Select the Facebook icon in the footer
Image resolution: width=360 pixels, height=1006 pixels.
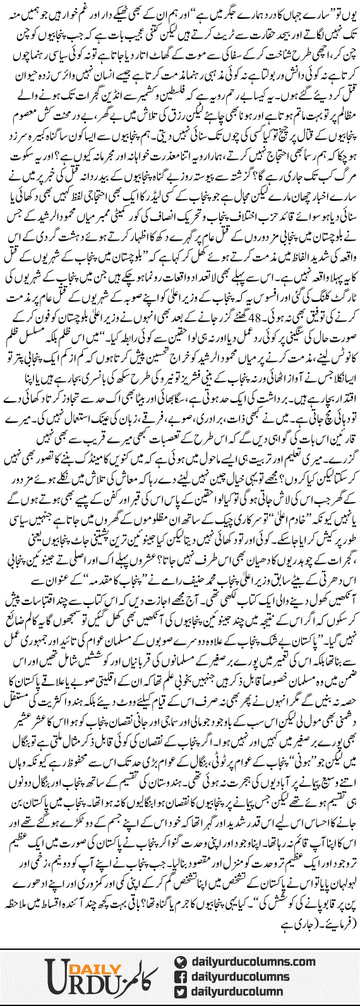click(182, 962)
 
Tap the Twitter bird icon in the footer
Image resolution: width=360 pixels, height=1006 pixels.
click(182, 979)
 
